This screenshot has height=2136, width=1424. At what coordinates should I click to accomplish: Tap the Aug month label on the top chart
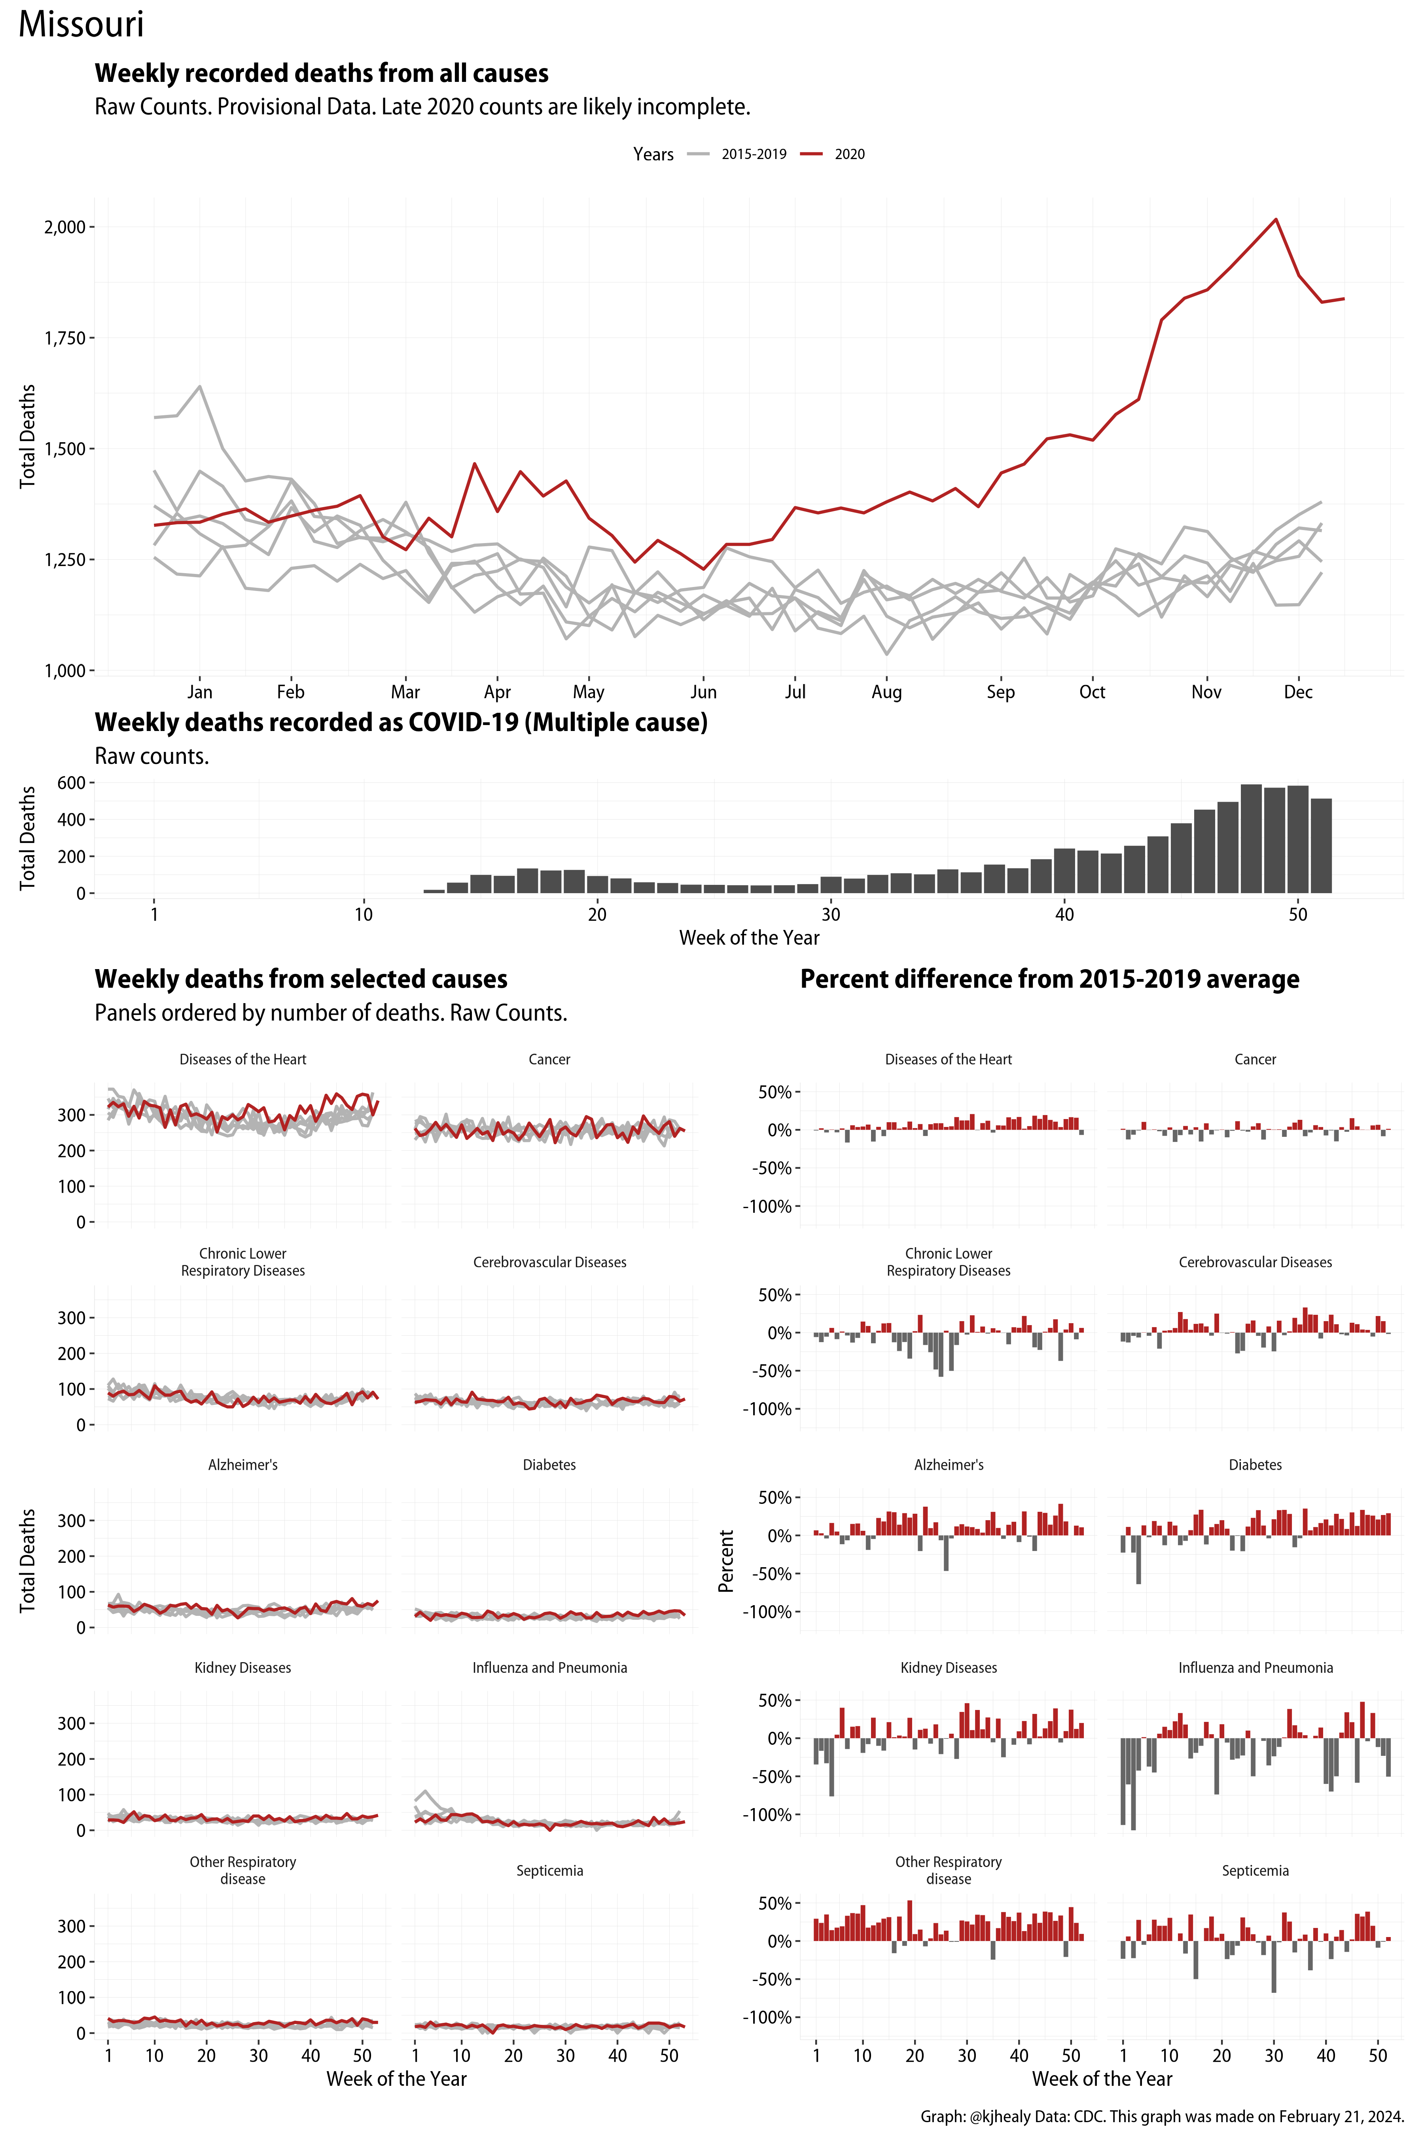click(x=886, y=692)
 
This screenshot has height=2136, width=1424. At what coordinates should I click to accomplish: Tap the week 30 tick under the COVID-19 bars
click(x=830, y=915)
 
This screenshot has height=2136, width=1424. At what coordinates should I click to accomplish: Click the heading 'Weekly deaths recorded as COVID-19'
click(x=400, y=723)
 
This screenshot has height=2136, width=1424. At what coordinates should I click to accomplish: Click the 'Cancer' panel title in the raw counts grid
click(x=549, y=1060)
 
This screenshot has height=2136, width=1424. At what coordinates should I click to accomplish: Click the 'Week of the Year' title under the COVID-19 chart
click(x=749, y=938)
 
